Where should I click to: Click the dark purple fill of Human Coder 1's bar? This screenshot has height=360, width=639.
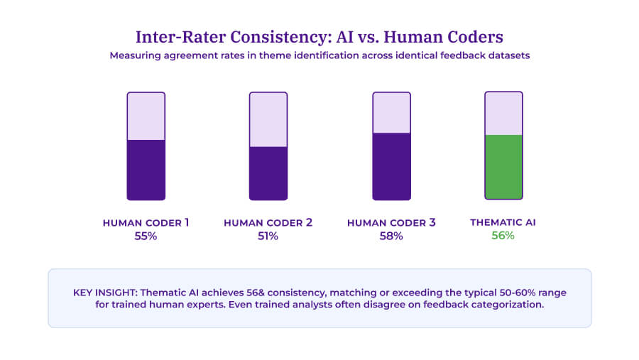146,170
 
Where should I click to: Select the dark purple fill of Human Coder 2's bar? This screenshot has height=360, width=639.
268,173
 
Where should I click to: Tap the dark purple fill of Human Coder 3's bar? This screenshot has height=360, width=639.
391,166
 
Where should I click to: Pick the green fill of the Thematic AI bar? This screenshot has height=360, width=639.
503,167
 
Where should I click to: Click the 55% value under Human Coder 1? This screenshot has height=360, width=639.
146,236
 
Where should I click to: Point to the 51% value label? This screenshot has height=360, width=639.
268,236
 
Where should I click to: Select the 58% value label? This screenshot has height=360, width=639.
391,236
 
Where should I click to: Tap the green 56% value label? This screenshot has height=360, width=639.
503,236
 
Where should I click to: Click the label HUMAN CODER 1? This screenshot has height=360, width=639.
146,223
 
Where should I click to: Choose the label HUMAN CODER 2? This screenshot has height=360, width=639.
268,223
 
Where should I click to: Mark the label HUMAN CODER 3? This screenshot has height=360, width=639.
391,223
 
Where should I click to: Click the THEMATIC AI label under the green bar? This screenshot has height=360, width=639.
503,222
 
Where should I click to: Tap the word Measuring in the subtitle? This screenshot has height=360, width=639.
135,56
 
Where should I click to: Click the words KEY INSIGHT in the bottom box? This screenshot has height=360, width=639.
101,293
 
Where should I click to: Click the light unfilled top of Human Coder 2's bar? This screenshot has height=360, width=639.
268,119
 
